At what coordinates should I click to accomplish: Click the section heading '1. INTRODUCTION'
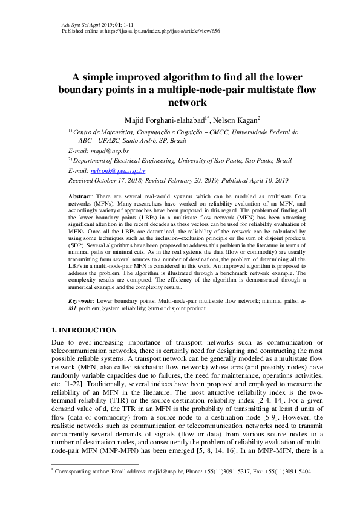(x=83, y=330)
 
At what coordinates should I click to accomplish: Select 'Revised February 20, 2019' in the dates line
(x=182, y=180)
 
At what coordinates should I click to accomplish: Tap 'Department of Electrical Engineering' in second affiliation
(x=125, y=161)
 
